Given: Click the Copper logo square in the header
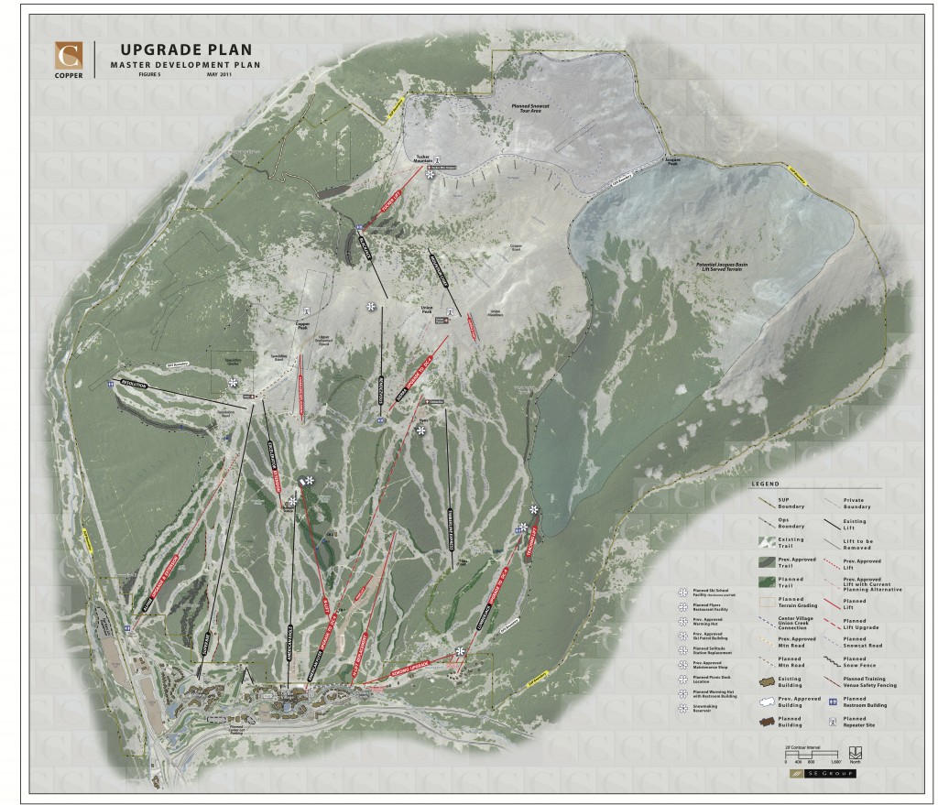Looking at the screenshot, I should point(67,56).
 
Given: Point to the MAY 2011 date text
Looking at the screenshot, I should point(219,86).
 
